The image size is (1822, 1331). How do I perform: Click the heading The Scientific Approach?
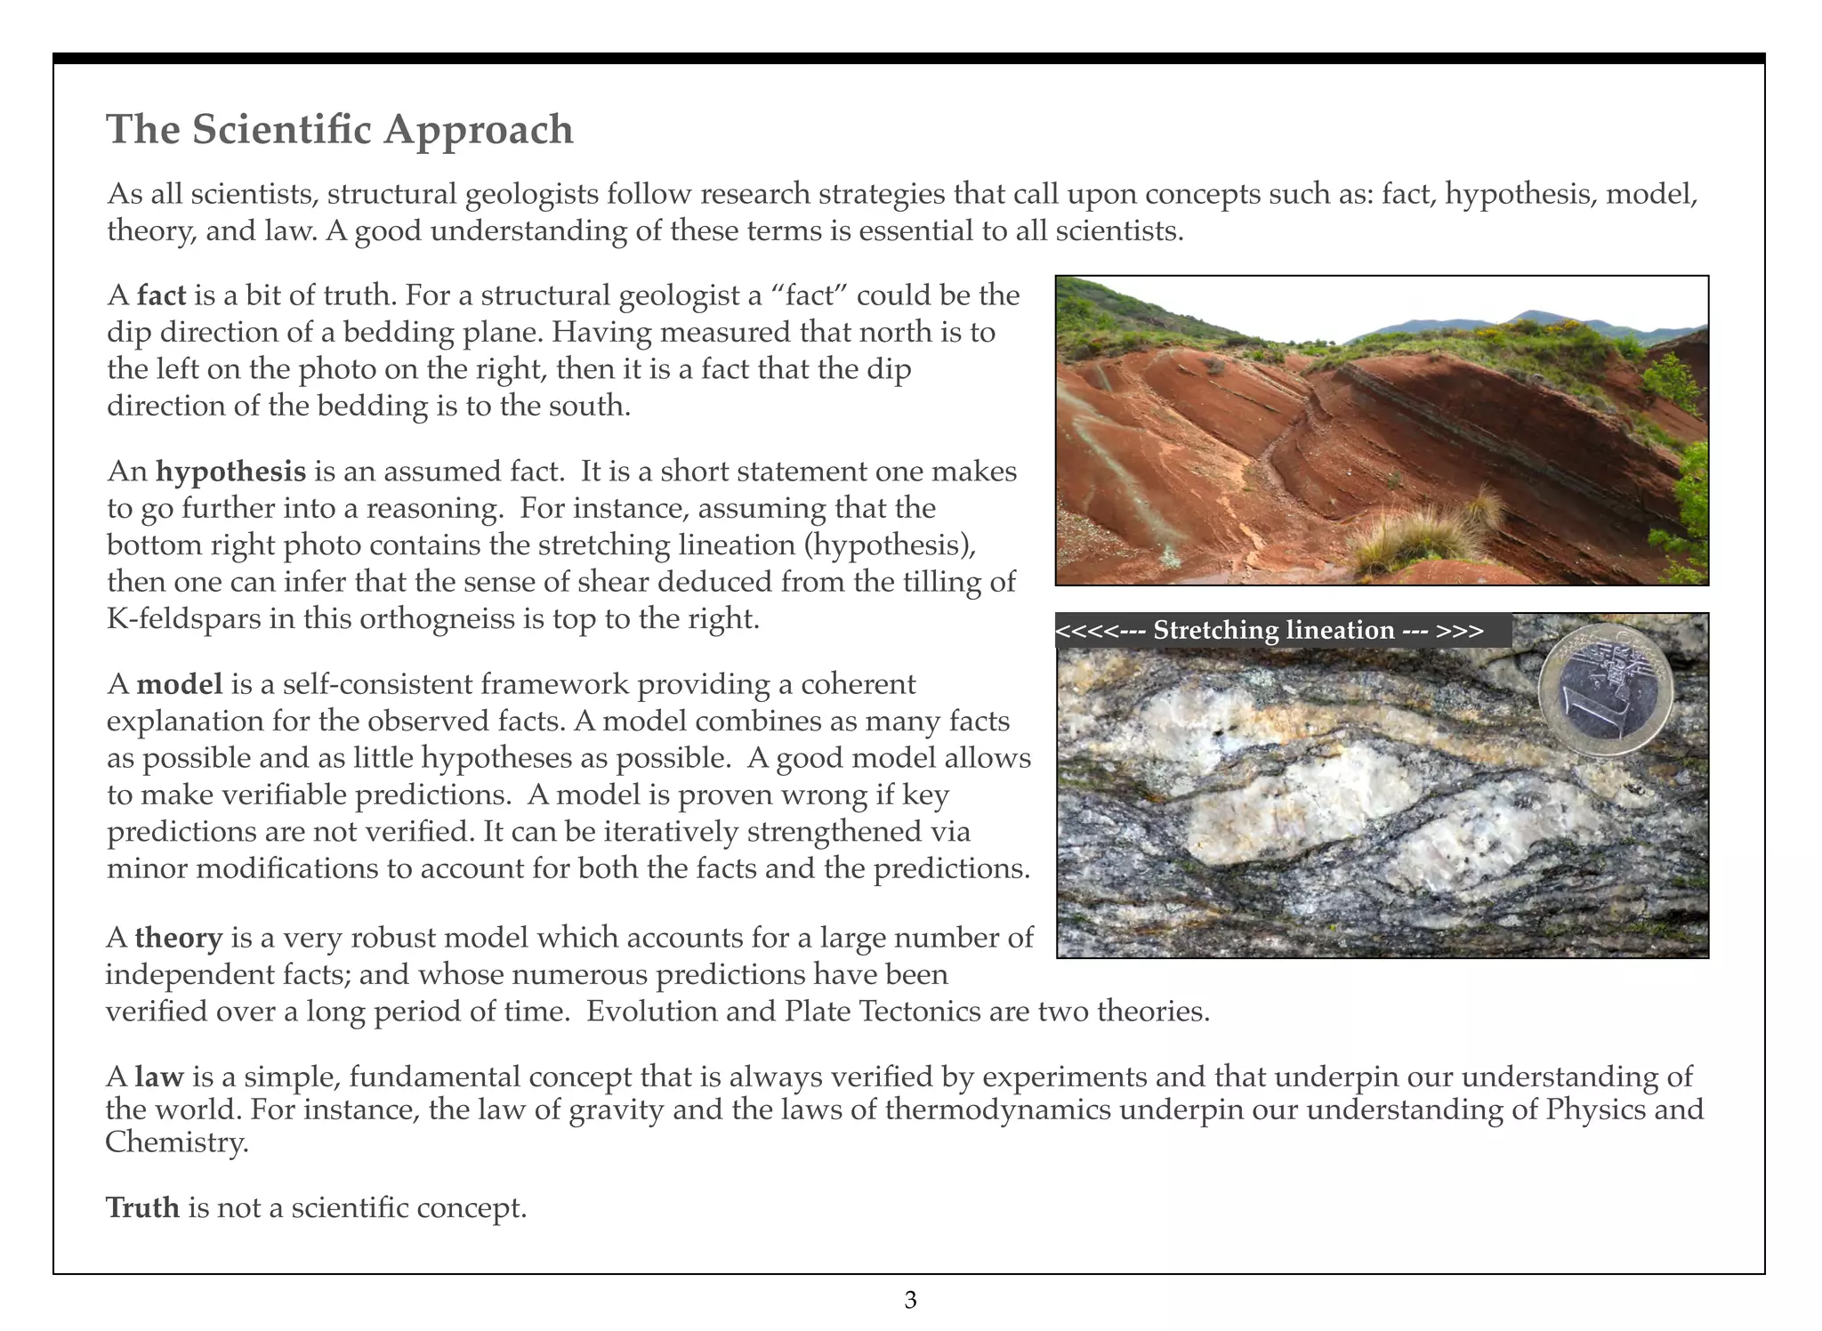click(x=340, y=129)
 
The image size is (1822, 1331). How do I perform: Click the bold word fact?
click(x=161, y=294)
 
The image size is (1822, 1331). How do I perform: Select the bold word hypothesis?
click(x=230, y=471)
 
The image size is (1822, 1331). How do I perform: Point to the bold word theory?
click(x=178, y=938)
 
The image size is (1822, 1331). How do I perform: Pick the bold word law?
click(x=158, y=1077)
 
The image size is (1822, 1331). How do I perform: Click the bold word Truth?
click(x=142, y=1207)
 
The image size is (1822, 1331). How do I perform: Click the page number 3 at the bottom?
click(x=910, y=1301)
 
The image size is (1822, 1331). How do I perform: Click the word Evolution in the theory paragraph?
click(x=650, y=1012)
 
